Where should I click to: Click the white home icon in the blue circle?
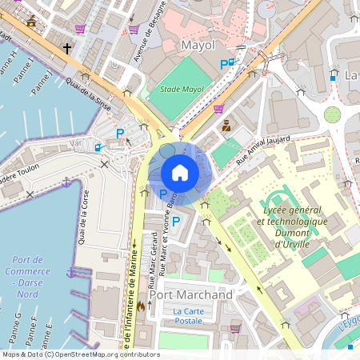pyautogui.click(x=180, y=173)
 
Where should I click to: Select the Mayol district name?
pyautogui.click(x=199, y=45)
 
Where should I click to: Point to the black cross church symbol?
pyautogui.click(x=67, y=50)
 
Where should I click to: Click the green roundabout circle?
pyautogui.click(x=332, y=115)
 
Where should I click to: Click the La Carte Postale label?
pyautogui.click(x=188, y=316)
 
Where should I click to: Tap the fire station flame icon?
pyautogui.click(x=141, y=305)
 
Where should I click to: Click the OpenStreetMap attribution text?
pyautogui.click(x=81, y=354)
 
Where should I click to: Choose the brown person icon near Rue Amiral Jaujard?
pyautogui.click(x=226, y=125)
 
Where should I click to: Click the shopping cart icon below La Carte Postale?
pyautogui.click(x=235, y=328)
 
